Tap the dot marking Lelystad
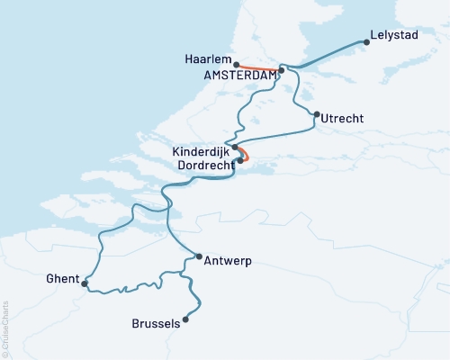click(366, 41)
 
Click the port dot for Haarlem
click(236, 65)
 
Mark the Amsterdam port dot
click(282, 69)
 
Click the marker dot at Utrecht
click(316, 114)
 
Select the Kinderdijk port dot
click(235, 148)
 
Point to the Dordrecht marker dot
click(239, 161)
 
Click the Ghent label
click(62, 278)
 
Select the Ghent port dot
click(85, 284)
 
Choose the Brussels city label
click(156, 324)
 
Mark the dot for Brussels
click(186, 319)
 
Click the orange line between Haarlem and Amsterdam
click(259, 68)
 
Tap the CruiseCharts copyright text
click(5, 328)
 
